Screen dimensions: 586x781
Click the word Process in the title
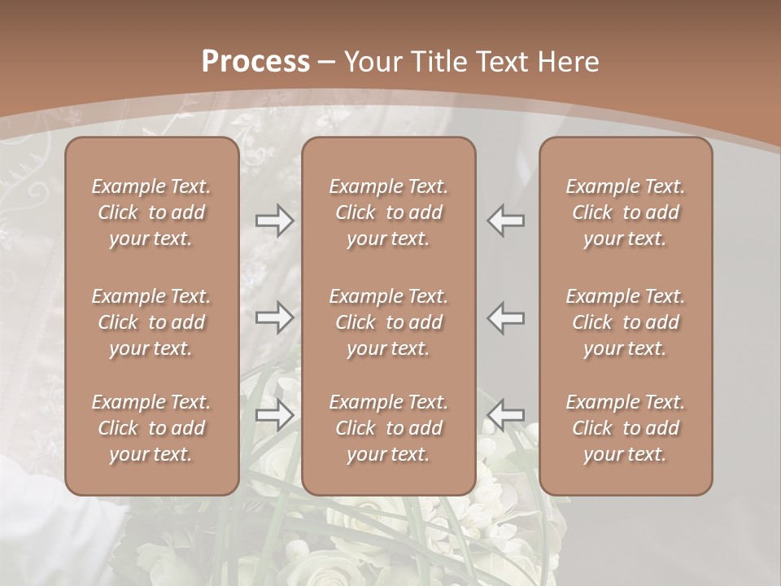point(255,62)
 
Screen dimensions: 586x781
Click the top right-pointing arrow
point(274,221)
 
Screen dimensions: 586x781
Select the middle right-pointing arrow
point(274,317)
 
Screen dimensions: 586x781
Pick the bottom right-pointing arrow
point(274,414)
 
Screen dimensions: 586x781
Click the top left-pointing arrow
point(505,221)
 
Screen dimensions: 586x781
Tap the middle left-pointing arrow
point(505,317)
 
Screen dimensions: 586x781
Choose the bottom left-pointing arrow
point(505,414)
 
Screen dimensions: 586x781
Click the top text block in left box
point(151,212)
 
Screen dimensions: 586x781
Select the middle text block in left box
point(151,322)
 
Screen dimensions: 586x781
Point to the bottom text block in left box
point(151,428)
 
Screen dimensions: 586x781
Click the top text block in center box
point(388,212)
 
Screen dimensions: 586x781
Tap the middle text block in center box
point(388,322)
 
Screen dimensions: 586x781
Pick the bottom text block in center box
point(388,428)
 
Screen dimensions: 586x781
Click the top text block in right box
point(626,212)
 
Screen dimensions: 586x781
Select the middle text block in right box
point(626,322)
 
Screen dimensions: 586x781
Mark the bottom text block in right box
point(626,428)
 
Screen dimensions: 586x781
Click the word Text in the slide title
point(502,62)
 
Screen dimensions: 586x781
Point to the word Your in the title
point(371,62)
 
